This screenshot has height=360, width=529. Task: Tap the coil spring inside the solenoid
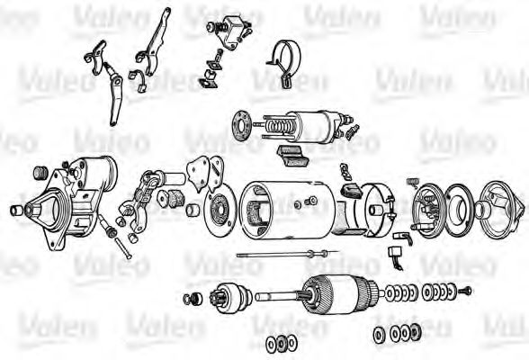(277, 127)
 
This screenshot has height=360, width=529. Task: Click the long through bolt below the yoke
(287, 254)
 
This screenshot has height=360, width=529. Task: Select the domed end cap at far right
(502, 206)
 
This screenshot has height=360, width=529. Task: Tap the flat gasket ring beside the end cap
(461, 210)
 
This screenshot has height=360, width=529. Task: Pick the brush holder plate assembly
(428, 211)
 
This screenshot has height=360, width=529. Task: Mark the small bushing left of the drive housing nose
(16, 210)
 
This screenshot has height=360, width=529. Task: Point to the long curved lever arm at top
(155, 42)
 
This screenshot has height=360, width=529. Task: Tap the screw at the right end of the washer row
(466, 290)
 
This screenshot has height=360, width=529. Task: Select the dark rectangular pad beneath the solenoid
(291, 157)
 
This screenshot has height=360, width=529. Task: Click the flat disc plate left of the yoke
(220, 210)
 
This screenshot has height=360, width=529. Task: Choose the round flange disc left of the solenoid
(242, 125)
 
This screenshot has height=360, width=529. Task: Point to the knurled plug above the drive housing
(41, 173)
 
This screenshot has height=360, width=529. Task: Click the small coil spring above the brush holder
(412, 182)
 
